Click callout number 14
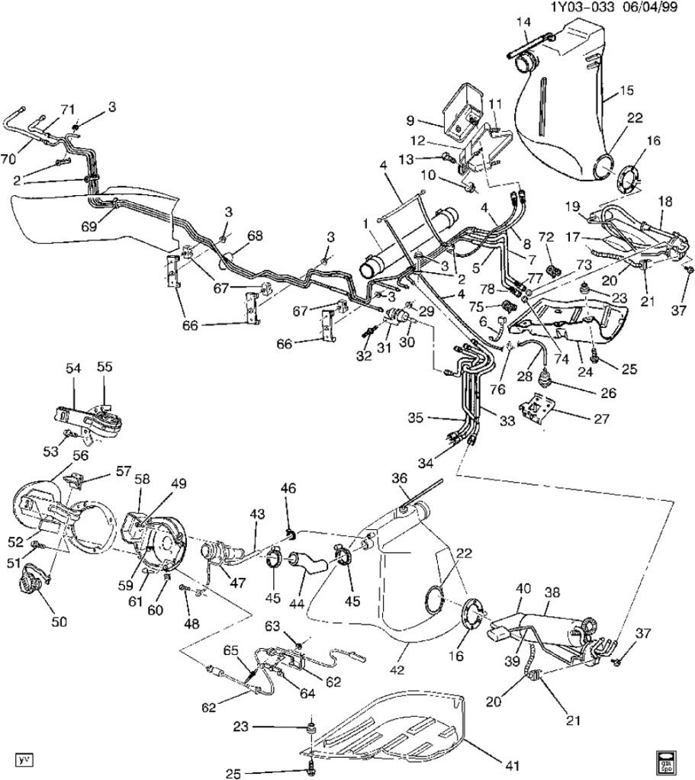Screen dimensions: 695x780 pos(523,21)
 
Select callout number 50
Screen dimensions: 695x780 pos(60,621)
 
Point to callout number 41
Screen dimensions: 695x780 pos(513,765)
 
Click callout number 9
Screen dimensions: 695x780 pos(410,120)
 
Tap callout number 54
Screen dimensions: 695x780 pos(73,368)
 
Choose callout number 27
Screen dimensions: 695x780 pos(601,419)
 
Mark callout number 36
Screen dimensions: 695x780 pos(399,478)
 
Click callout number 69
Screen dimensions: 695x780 pos(89,226)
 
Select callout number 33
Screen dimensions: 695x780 pos(507,420)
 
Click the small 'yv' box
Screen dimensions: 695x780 pos(24,759)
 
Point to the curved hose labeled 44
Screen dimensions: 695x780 pos(308,561)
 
